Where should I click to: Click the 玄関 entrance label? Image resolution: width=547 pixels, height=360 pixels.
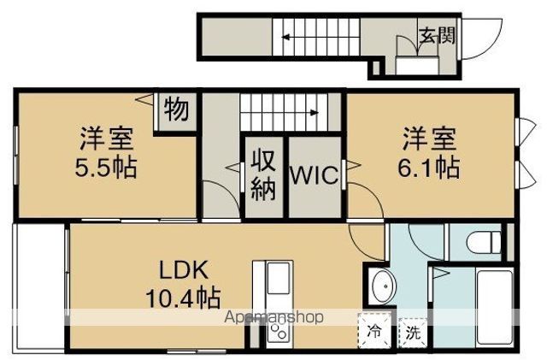pos(438,35)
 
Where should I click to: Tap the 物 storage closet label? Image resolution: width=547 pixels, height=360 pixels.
pos(177,109)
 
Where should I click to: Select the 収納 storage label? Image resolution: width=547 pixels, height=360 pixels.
pos(264,174)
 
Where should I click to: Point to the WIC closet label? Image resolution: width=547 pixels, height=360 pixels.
pos(315,174)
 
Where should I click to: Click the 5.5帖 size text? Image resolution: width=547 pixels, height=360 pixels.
pos(106,168)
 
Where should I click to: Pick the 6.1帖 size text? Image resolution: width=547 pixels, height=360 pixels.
pos(429,168)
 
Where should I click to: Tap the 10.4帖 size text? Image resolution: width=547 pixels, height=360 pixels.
pos(183,298)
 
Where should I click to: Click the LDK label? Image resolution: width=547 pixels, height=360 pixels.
pos(184,269)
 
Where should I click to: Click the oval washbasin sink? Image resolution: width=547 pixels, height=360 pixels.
pos(384,286)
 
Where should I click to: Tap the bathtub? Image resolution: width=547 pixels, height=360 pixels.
pos(495,307)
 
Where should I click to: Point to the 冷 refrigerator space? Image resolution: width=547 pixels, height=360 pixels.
pos(374,331)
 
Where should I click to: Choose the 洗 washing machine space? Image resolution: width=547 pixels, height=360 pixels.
pos(413,333)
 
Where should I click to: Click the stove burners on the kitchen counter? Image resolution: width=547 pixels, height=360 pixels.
pos(278,332)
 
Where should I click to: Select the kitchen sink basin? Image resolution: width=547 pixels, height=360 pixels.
pos(278,278)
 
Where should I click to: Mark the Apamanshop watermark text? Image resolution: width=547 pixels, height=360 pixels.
pos(273,317)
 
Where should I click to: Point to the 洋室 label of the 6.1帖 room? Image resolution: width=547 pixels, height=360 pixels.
pos(430,139)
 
